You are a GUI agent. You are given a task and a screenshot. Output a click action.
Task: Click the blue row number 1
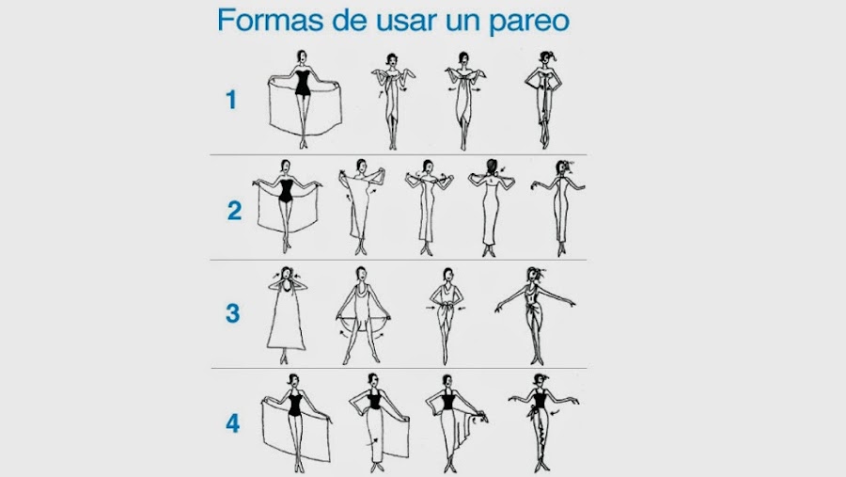pos(231,100)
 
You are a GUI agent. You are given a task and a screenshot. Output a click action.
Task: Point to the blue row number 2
pos(234,210)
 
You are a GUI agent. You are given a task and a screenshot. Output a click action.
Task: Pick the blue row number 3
pos(232,312)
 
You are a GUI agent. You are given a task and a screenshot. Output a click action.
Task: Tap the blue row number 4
pos(232,423)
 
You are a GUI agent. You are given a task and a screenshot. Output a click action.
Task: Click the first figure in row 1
pos(305,100)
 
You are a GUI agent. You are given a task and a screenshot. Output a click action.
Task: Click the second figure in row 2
pos(362,207)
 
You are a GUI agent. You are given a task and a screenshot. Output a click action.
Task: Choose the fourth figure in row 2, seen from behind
pos(491,208)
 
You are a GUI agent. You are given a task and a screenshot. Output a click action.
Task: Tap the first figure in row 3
pos(286,315)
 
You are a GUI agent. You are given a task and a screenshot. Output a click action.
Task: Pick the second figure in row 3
pos(362,315)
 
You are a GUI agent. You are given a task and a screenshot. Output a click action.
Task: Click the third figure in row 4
pos(454,423)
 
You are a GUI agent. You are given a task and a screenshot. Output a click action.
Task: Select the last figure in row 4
pos(542,423)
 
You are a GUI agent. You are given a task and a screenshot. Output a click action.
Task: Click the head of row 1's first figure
pos(302,56)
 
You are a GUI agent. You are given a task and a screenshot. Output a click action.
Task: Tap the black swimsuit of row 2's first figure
pos(286,191)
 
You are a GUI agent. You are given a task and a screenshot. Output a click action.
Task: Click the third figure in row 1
pos(464,101)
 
